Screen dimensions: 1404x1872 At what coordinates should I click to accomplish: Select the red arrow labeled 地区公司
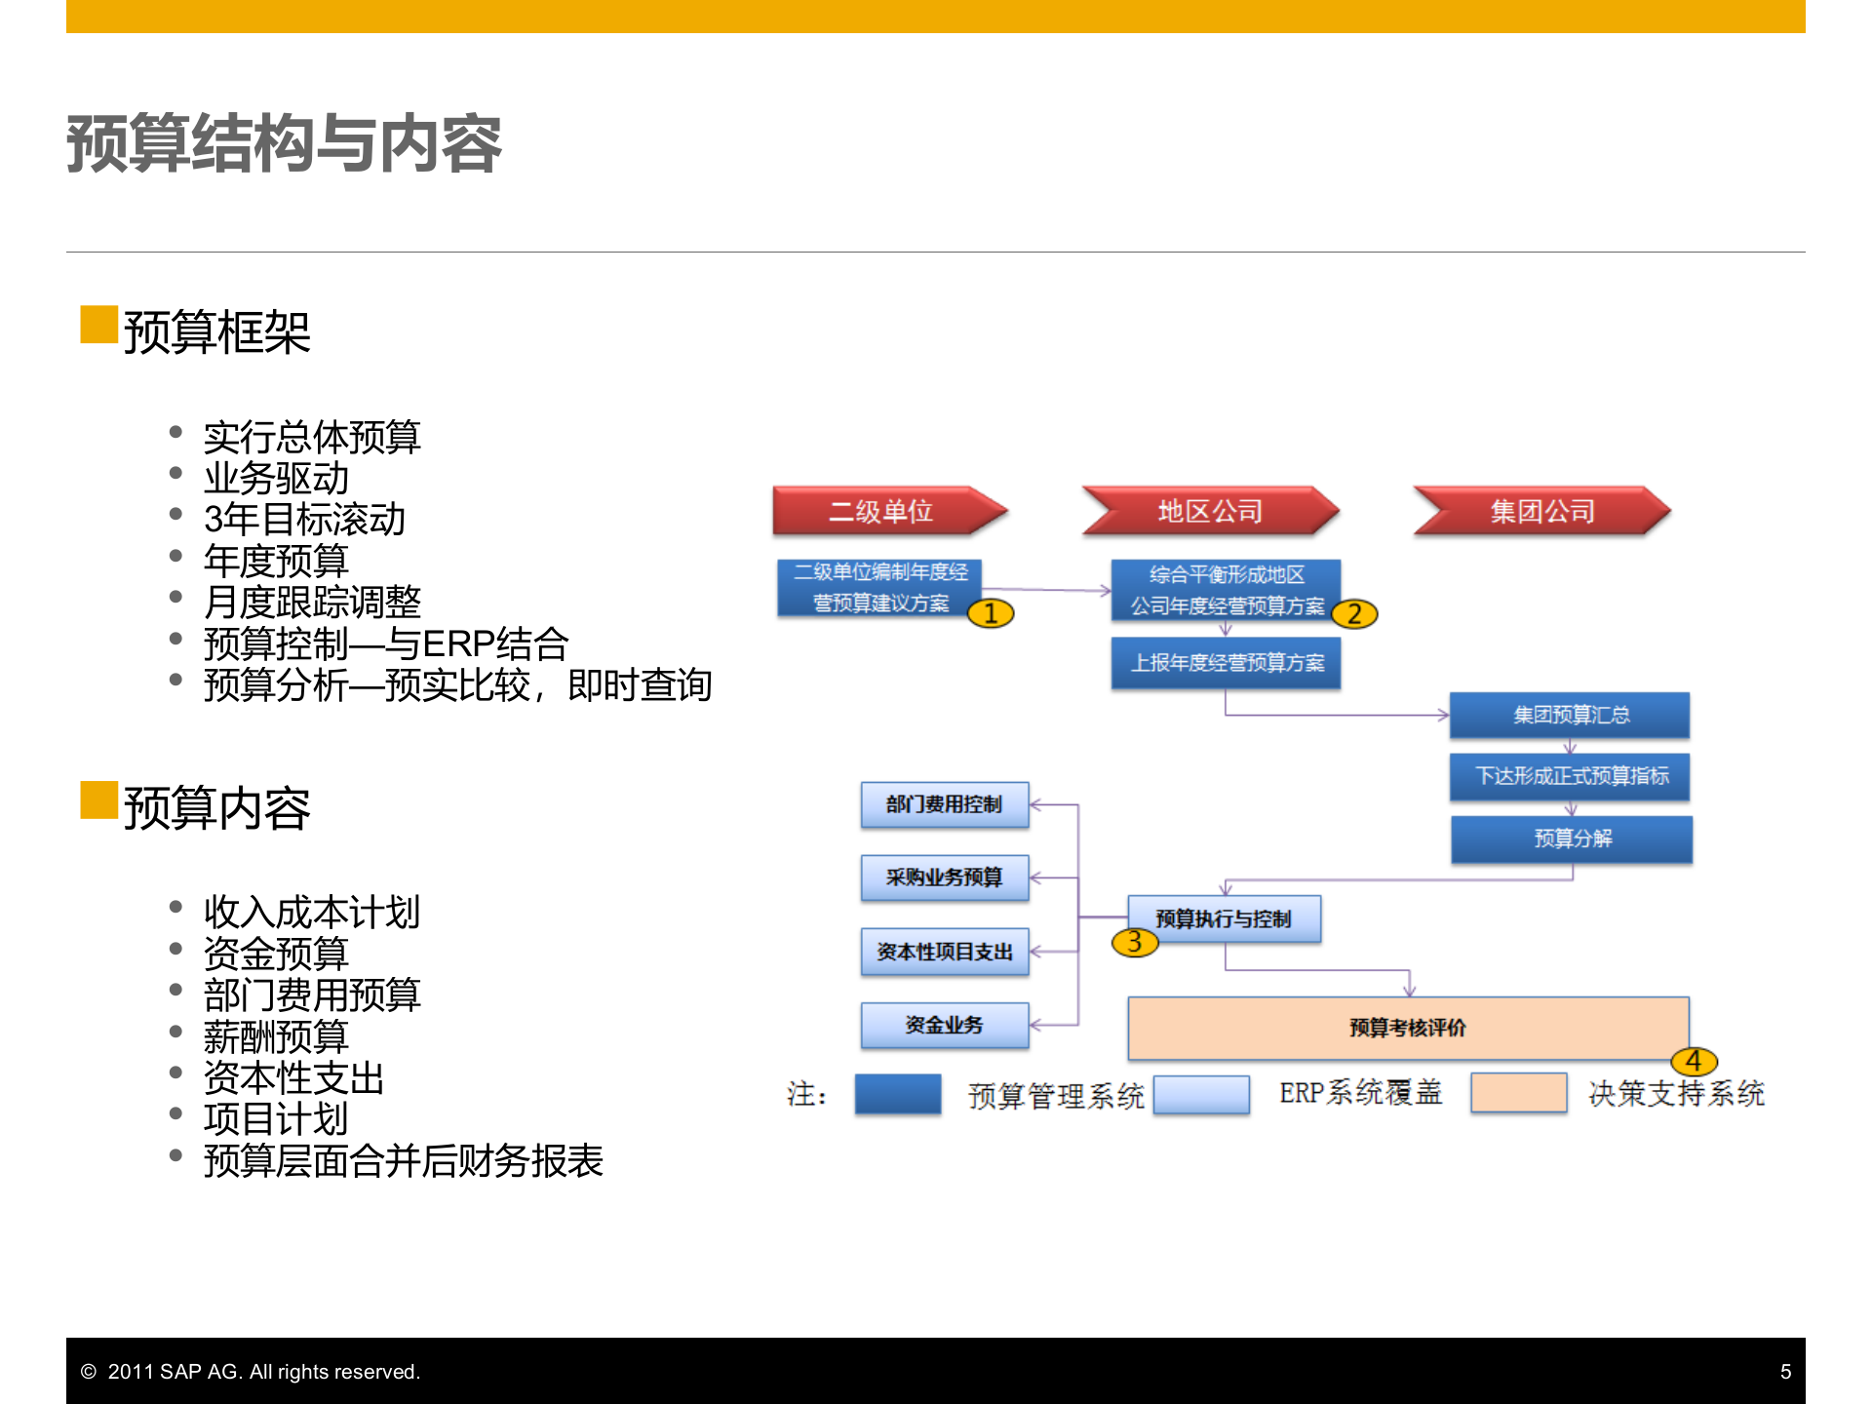tap(1210, 511)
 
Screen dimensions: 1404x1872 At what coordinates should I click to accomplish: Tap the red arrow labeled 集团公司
tap(1541, 511)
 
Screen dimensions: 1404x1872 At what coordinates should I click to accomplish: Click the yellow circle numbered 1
tap(991, 613)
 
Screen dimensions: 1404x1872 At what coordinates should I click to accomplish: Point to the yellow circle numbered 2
tap(1354, 614)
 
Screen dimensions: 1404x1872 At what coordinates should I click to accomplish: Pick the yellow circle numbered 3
tap(1134, 942)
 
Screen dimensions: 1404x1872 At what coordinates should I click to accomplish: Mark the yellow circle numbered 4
tap(1694, 1061)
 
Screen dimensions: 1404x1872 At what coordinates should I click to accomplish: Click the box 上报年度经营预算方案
tap(1226, 663)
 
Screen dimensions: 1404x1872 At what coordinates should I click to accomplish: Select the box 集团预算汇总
tap(1570, 715)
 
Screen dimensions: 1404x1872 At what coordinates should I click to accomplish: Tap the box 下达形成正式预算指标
tap(1570, 776)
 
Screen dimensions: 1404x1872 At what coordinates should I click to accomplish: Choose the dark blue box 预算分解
tap(1572, 838)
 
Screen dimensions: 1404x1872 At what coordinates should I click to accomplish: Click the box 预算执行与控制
tap(1224, 918)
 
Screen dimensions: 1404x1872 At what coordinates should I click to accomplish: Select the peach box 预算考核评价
tap(1407, 1028)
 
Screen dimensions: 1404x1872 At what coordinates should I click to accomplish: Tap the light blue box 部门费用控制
tap(944, 804)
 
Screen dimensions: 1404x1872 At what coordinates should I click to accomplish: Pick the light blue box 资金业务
tap(944, 1025)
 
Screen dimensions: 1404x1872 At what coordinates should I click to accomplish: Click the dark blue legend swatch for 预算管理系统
tap(898, 1094)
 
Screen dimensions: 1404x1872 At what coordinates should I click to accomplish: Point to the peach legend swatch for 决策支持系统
tap(1518, 1093)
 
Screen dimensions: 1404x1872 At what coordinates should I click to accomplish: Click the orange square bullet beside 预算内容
tap(98, 800)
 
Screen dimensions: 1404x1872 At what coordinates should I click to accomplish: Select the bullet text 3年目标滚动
tap(304, 520)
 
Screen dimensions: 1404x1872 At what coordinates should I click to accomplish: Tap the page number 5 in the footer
tap(1785, 1372)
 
